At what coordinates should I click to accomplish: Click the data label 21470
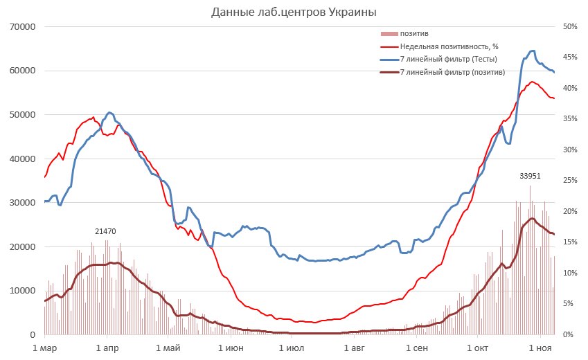point(105,230)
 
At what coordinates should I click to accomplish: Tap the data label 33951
point(530,176)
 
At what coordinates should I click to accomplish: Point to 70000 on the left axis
point(21,27)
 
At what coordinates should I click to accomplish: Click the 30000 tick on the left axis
point(21,203)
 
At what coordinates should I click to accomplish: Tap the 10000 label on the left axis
point(21,291)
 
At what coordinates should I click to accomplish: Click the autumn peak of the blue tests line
point(532,51)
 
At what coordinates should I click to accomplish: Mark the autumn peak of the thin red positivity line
point(532,82)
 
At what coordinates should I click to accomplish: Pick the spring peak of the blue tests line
point(109,112)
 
